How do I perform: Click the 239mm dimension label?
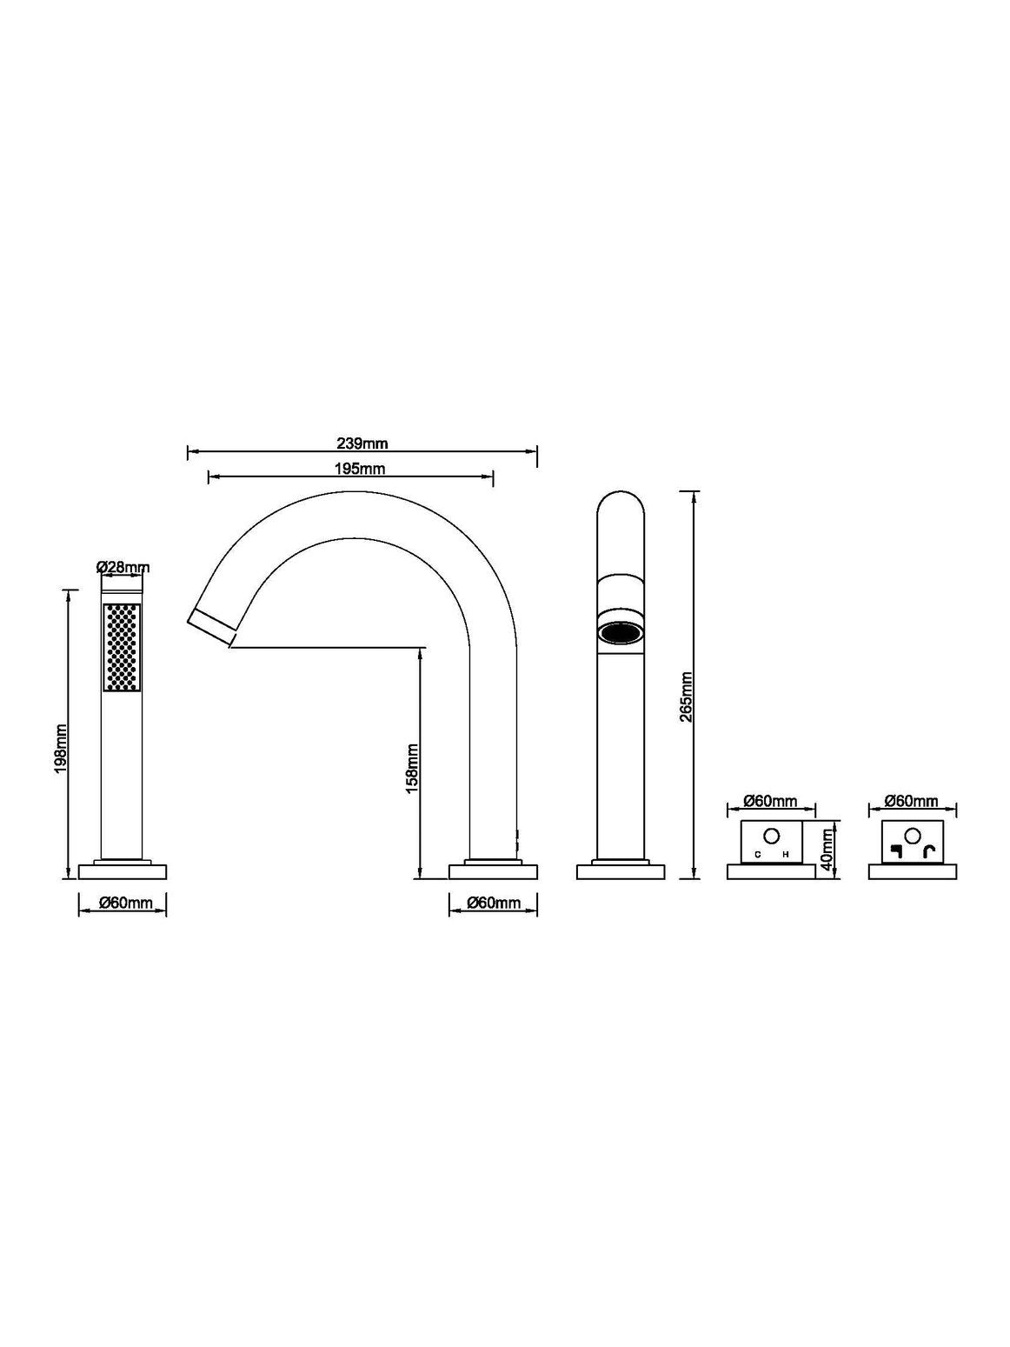[x=362, y=443]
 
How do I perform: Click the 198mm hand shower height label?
[x=61, y=748]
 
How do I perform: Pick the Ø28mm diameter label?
[x=123, y=568]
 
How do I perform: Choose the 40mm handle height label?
[x=827, y=850]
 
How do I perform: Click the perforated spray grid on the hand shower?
[x=122, y=648]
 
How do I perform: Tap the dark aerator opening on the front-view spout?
[x=621, y=632]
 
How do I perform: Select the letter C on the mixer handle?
[x=758, y=854]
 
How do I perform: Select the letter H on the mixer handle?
[x=786, y=854]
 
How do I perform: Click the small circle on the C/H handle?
[x=772, y=835]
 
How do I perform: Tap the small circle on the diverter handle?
[x=913, y=835]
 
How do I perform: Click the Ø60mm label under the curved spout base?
[x=494, y=902]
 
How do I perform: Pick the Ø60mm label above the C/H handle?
[x=770, y=801]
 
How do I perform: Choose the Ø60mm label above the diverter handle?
[x=912, y=801]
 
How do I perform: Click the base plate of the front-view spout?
[x=621, y=871]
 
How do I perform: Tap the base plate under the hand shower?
[x=123, y=871]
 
